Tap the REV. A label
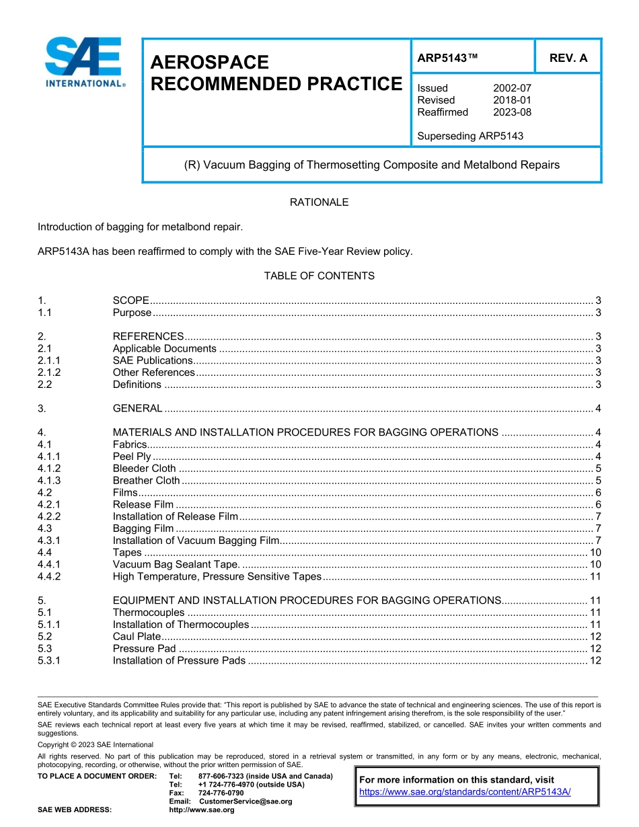coord(568,58)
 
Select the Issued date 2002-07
coord(512,88)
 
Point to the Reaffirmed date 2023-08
coord(512,112)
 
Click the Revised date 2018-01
coord(512,100)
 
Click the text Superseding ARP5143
coord(470,136)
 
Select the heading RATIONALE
coord(319,202)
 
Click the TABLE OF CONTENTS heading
coord(319,276)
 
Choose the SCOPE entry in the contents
coord(131,301)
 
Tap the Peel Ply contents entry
coord(132,457)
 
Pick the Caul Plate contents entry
coord(137,637)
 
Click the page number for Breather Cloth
coord(597,481)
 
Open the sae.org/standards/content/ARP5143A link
coord(465,792)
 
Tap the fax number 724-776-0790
coord(221,793)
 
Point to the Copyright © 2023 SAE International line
coord(96,745)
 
